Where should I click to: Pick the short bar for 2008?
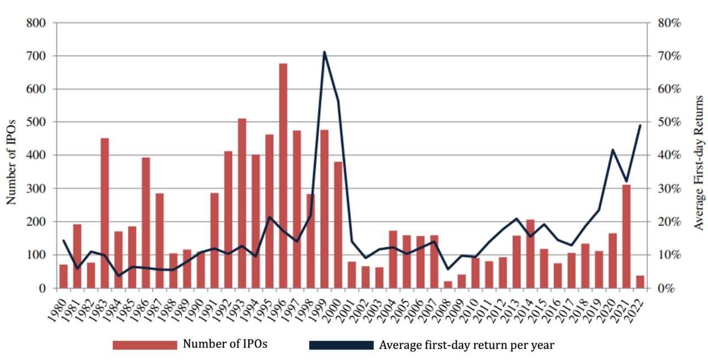click(448, 285)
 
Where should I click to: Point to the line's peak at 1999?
click(324, 52)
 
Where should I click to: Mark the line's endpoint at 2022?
click(640, 125)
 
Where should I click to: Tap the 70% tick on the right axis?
click(668, 56)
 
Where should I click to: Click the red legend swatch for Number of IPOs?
click(144, 345)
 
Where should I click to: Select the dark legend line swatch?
click(341, 345)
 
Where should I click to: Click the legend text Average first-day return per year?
click(466, 345)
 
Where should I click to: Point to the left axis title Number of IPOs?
click(12, 155)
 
